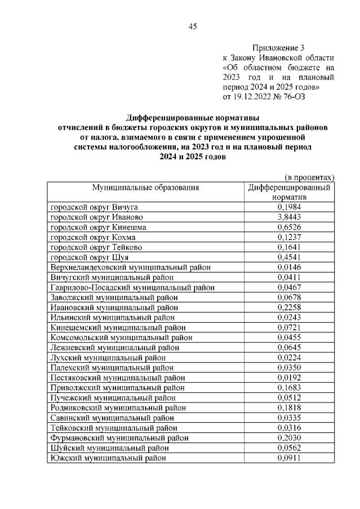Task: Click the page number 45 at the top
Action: click(x=192, y=26)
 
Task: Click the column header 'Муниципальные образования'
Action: click(x=146, y=187)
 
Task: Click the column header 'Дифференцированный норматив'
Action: click(x=289, y=193)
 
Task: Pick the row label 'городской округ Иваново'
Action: click(x=96, y=217)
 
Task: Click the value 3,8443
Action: click(x=289, y=217)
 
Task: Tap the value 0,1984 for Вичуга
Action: click(x=289, y=207)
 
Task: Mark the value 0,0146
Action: click(x=289, y=267)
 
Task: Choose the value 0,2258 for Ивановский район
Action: click(x=289, y=308)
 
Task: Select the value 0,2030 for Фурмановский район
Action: click(x=289, y=438)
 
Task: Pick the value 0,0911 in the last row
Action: click(x=289, y=458)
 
